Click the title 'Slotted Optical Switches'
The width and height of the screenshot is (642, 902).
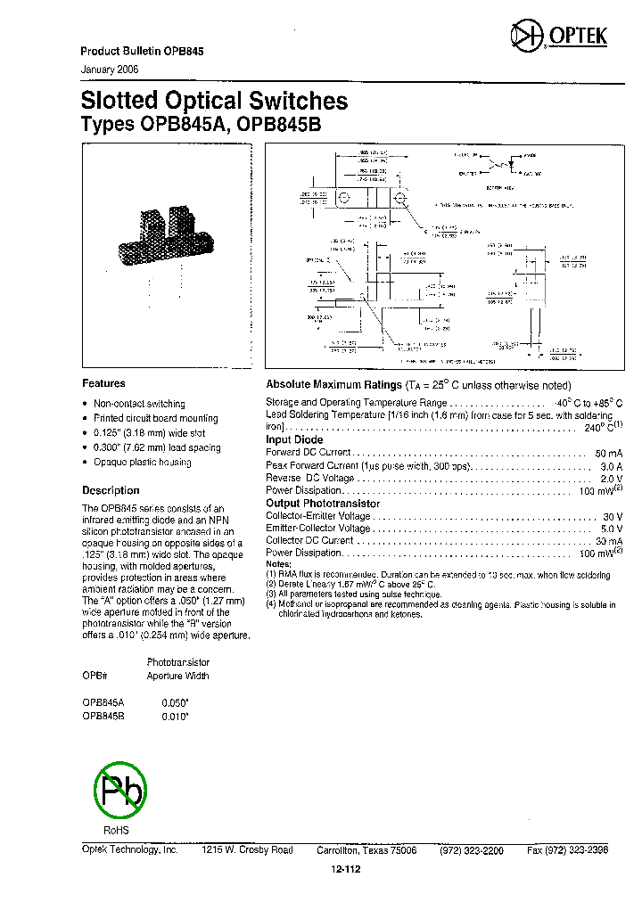tap(214, 102)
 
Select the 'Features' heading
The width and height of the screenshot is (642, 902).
tap(103, 383)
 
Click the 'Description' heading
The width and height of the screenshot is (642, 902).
tap(111, 490)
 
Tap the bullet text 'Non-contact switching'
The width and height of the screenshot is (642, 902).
tap(139, 404)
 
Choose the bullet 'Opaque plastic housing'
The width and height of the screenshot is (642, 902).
tap(143, 462)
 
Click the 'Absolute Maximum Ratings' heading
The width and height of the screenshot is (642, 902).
tap(334, 385)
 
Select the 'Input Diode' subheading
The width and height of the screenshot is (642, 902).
tap(294, 439)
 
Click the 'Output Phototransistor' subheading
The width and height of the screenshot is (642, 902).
tap(322, 504)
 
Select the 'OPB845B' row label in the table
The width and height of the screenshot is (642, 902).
tap(103, 714)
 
